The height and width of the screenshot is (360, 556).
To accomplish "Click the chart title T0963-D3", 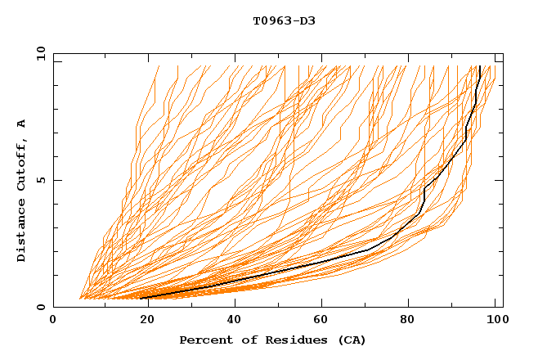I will click(x=284, y=20).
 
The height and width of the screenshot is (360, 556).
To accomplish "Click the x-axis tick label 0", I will click(x=53, y=321).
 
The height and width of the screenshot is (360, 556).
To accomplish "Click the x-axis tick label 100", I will click(x=494, y=321).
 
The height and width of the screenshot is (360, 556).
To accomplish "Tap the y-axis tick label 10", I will click(x=40, y=53).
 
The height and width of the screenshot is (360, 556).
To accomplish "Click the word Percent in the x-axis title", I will click(x=204, y=340).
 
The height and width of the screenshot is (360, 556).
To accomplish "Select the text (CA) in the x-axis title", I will click(x=352, y=340).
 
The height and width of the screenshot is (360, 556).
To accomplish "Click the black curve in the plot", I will click(x=327, y=259).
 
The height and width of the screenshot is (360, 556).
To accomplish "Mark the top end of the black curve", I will click(x=479, y=66).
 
